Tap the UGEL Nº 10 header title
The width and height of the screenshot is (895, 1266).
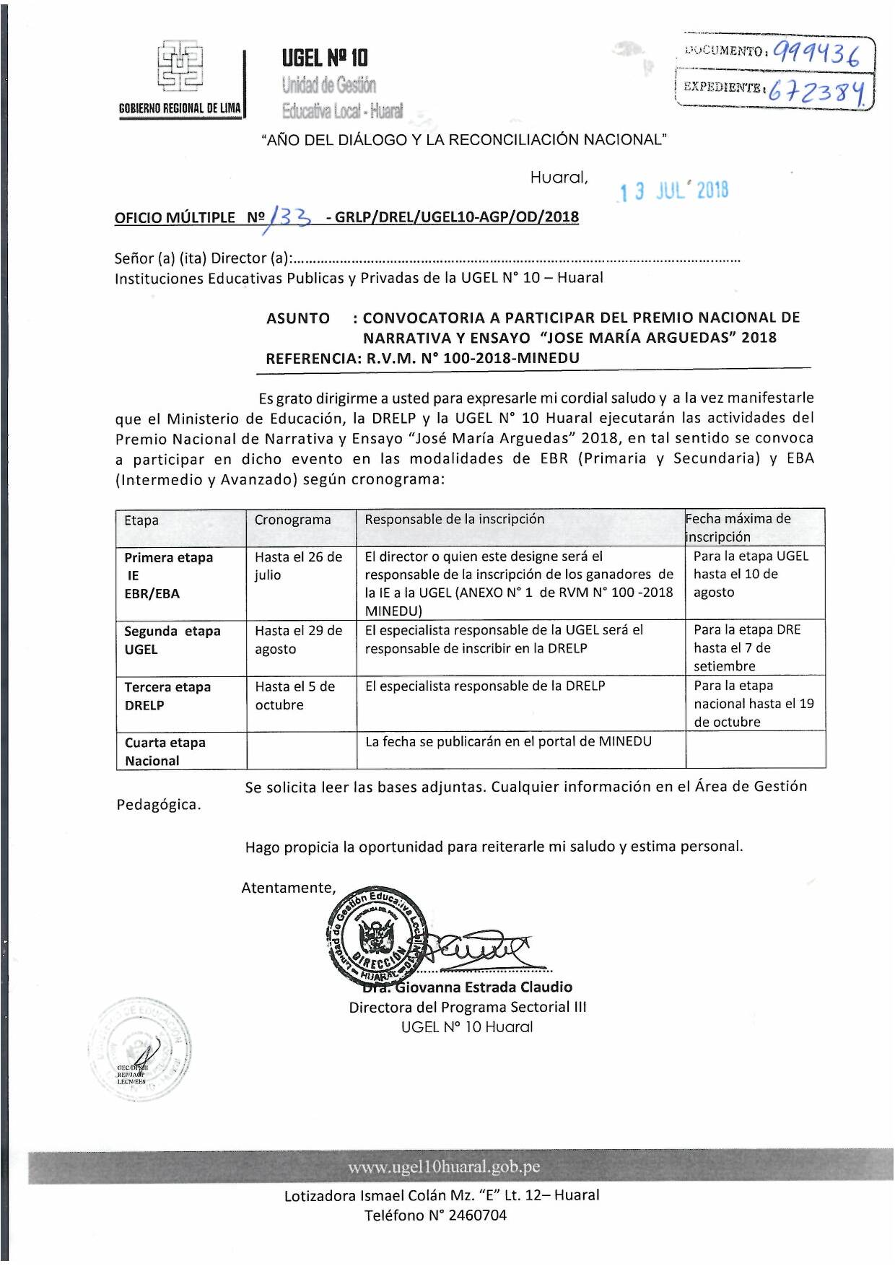pos(325,57)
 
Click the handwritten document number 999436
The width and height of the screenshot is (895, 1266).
pos(817,53)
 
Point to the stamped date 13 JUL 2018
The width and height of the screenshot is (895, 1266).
pos(673,191)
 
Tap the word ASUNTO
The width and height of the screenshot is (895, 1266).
pos(298,318)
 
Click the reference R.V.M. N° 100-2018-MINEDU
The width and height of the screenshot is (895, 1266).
pos(473,358)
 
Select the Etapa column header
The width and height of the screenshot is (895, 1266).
pos(141,520)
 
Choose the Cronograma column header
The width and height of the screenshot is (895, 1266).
pos(292,520)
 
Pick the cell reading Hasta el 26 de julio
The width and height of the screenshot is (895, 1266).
pos(298,566)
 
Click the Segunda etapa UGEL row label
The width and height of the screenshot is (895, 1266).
pos(172,640)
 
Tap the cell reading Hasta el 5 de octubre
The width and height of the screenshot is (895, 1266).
pos(294,696)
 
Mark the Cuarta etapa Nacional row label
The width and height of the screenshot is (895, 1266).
pos(165,751)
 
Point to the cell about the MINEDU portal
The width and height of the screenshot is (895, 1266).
pos(508,742)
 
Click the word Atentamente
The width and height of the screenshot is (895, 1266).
pos(289,889)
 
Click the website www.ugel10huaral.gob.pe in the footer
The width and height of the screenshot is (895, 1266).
pos(443,1167)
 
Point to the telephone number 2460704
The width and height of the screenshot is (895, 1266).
pos(467,1215)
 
